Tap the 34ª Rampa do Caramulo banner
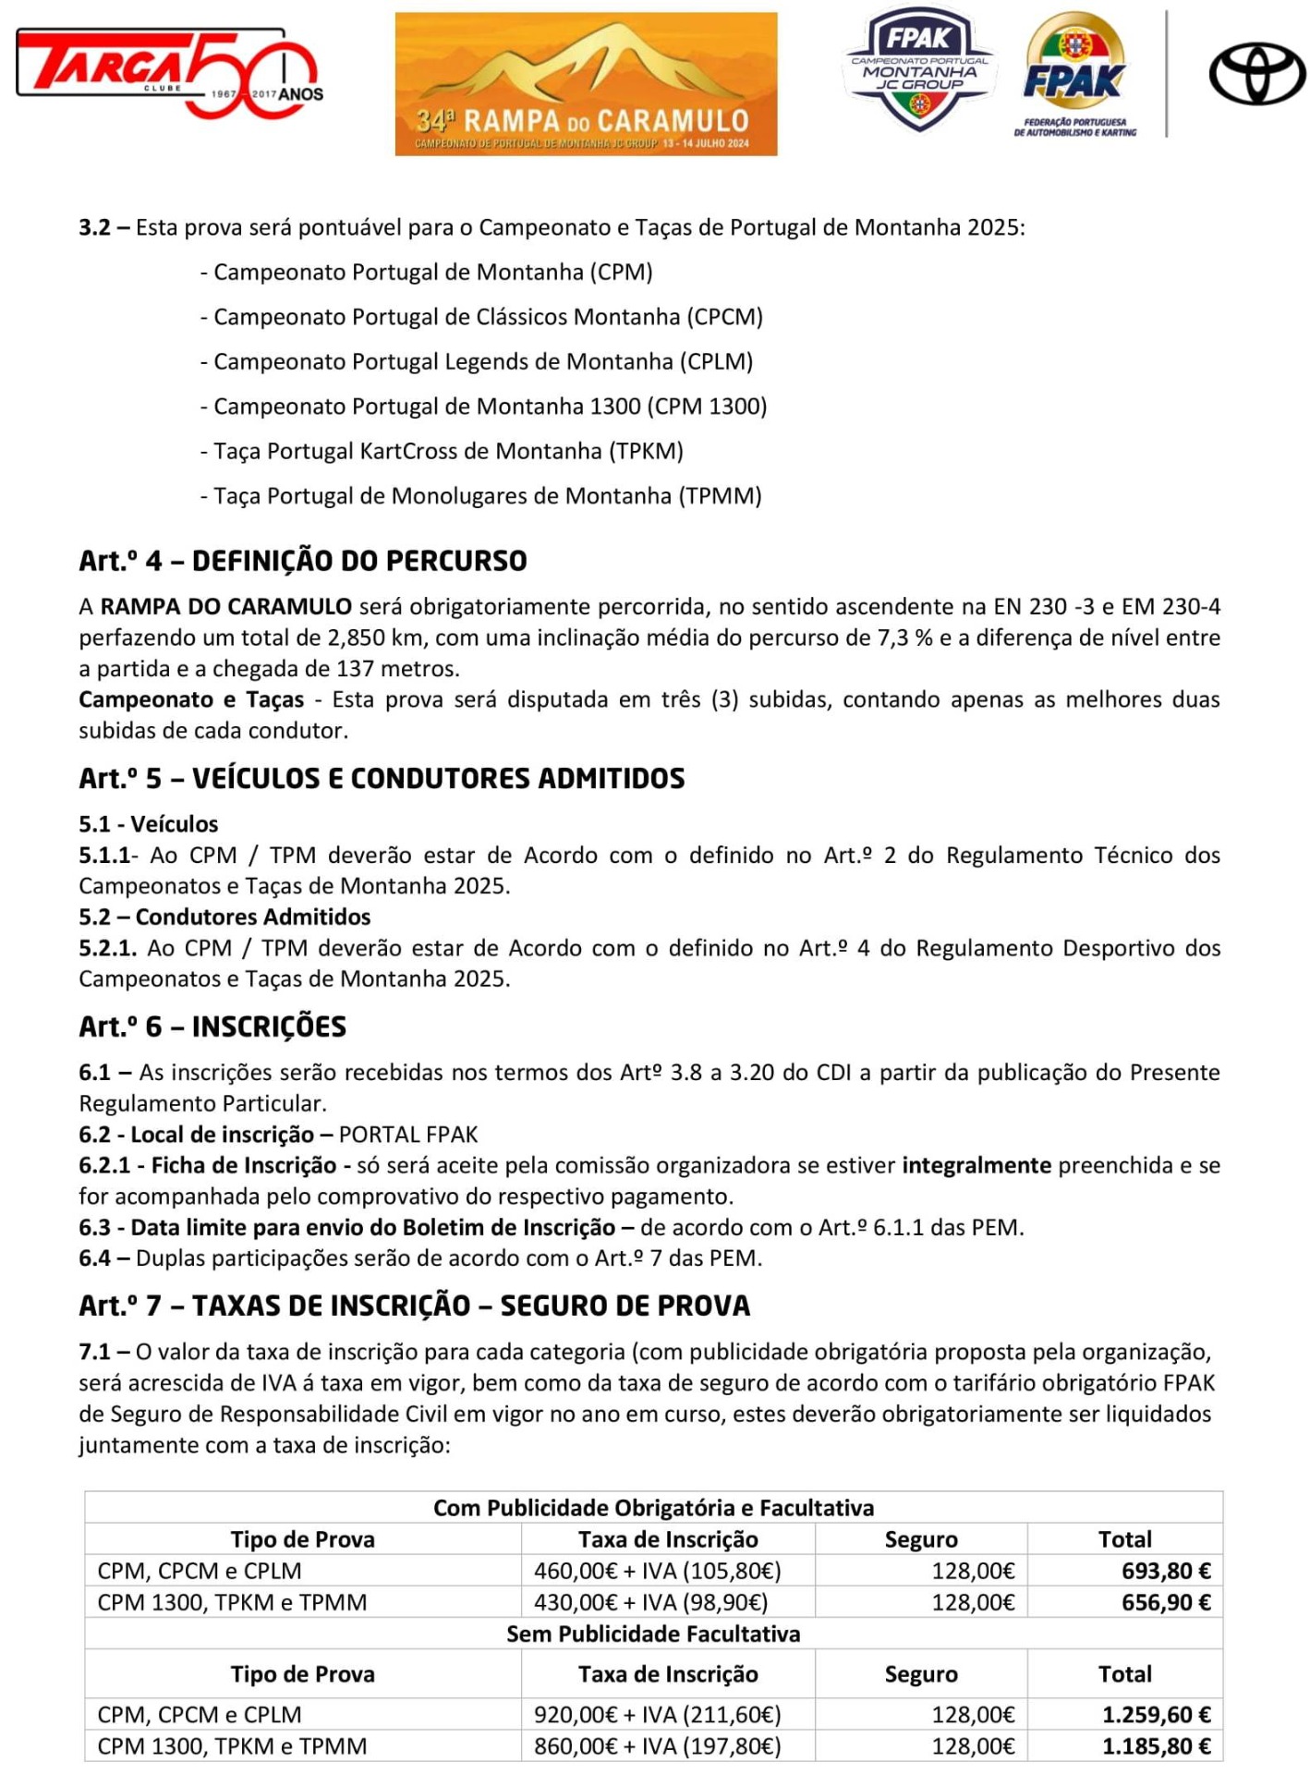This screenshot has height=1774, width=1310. [586, 83]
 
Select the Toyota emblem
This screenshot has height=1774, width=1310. [1256, 74]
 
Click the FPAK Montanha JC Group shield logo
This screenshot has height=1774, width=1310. [918, 69]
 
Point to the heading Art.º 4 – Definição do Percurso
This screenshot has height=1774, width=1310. [303, 561]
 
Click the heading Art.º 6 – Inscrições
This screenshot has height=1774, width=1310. [212, 1027]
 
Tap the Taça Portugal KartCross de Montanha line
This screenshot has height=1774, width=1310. [442, 451]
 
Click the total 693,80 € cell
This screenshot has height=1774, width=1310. [1166, 1571]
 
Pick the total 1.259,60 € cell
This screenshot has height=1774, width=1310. [1156, 1715]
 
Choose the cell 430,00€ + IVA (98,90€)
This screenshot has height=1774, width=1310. [650, 1602]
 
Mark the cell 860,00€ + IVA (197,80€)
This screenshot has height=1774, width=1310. [657, 1746]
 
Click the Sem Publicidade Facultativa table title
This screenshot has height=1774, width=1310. [653, 1634]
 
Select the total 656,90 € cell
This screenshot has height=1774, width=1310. [1166, 1602]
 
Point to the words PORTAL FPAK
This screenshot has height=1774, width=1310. [408, 1135]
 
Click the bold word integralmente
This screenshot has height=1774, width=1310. [976, 1165]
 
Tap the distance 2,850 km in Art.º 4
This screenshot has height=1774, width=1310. [377, 638]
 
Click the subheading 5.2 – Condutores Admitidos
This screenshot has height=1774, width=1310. [224, 917]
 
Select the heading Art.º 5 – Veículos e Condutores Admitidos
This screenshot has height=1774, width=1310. [382, 778]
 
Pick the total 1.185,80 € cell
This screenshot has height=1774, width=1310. [1156, 1746]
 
